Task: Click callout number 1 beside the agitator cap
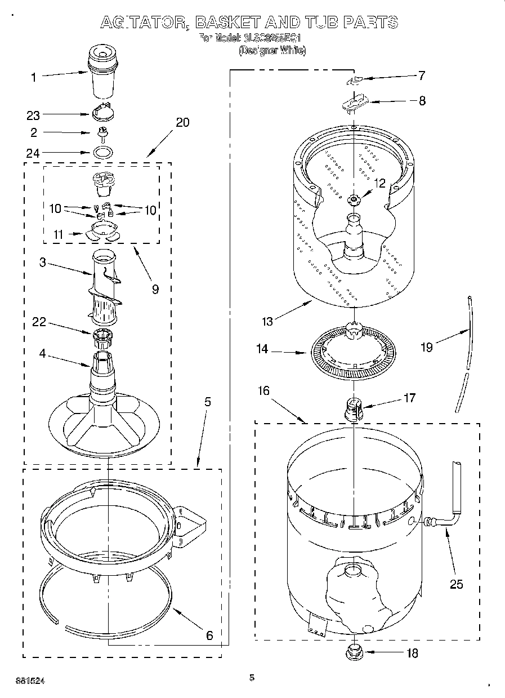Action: (x=33, y=78)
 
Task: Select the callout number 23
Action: (x=33, y=115)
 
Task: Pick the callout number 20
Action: (x=182, y=122)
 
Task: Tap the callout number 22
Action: (x=38, y=323)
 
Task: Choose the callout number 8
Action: (x=422, y=101)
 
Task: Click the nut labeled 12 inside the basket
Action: (x=354, y=198)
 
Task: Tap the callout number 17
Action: (x=409, y=398)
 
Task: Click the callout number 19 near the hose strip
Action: (x=427, y=347)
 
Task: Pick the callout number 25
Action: (x=456, y=584)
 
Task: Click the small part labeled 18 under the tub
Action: (x=353, y=653)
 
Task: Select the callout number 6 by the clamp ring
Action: (x=209, y=635)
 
